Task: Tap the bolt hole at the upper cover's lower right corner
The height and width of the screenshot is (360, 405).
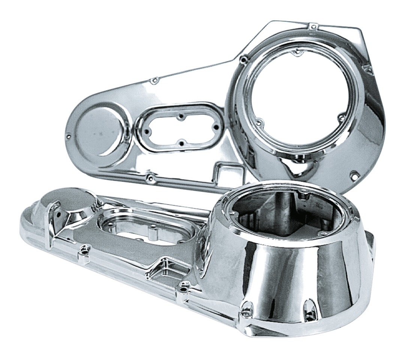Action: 353,174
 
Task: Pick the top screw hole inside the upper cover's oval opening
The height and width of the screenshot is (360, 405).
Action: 180,116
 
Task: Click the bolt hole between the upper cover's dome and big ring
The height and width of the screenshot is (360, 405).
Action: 154,80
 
